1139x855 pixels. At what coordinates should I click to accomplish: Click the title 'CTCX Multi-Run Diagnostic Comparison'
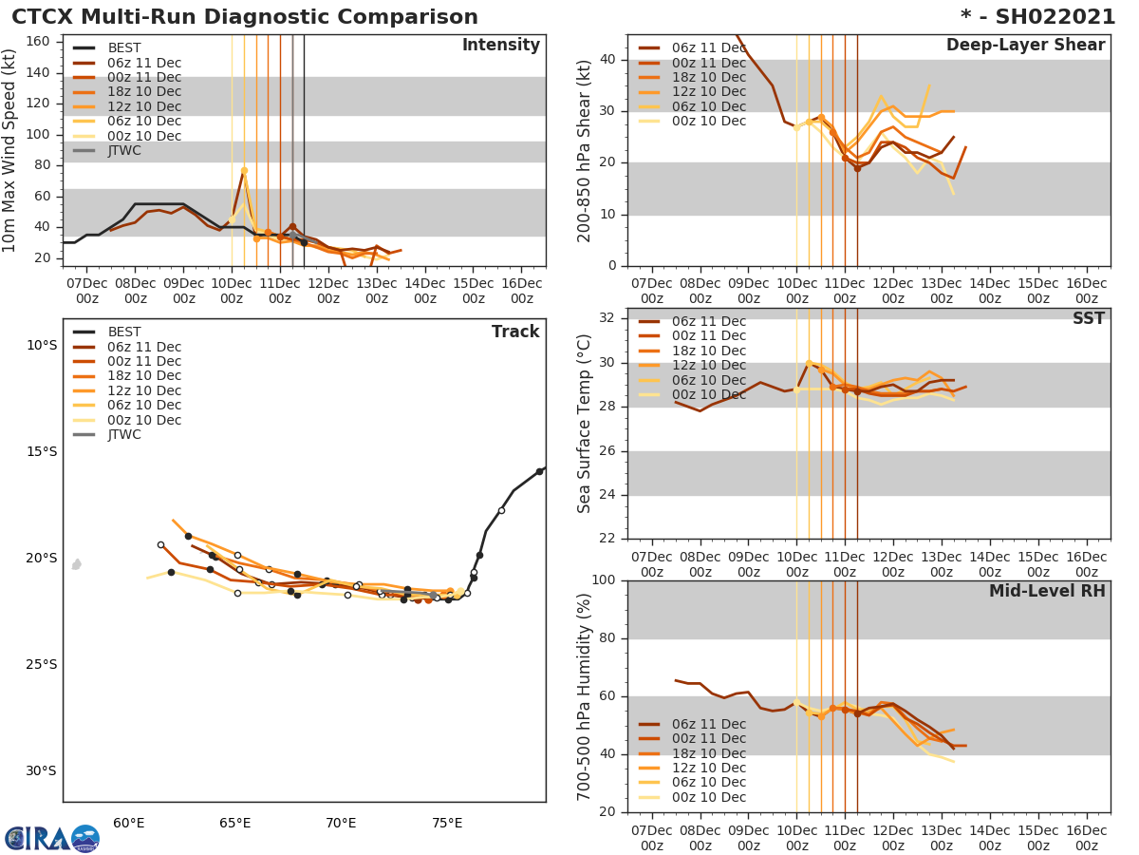245,17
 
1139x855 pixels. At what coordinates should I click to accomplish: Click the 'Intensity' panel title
500,46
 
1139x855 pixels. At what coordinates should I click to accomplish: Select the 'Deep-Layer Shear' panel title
1025,46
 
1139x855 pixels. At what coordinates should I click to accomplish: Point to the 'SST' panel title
1088,319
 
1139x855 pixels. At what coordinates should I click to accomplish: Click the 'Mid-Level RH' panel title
1046,592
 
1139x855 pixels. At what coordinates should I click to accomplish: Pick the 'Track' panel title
515,332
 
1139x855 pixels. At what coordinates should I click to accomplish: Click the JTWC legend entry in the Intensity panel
123,151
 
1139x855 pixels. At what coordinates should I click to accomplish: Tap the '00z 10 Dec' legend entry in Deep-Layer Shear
708,122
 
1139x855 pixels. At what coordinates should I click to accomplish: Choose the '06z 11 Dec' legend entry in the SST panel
708,321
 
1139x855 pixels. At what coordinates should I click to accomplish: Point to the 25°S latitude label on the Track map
42,664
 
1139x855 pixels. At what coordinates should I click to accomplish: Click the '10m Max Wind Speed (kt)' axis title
11,151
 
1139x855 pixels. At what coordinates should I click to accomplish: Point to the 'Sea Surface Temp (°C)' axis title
585,425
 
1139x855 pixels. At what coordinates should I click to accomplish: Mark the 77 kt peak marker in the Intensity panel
244,171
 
